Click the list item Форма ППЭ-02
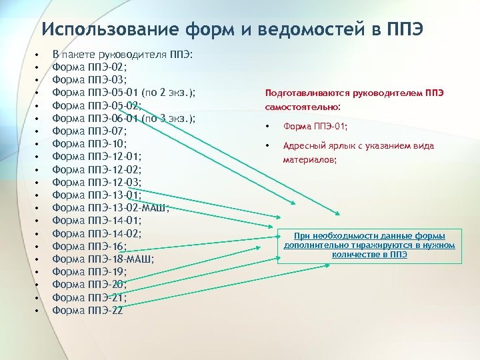[89, 67]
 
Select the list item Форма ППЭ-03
[89, 80]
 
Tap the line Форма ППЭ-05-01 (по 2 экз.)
[127, 93]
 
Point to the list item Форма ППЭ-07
[89, 131]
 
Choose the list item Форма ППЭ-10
[89, 144]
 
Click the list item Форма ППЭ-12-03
[96, 182]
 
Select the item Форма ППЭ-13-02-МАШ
[110, 208]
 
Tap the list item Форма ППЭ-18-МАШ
[103, 259]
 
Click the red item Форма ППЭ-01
[315, 127]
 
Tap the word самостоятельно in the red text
[302, 107]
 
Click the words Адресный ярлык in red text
[313, 146]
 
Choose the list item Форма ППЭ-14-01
[96, 221]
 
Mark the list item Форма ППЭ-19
[89, 271]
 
